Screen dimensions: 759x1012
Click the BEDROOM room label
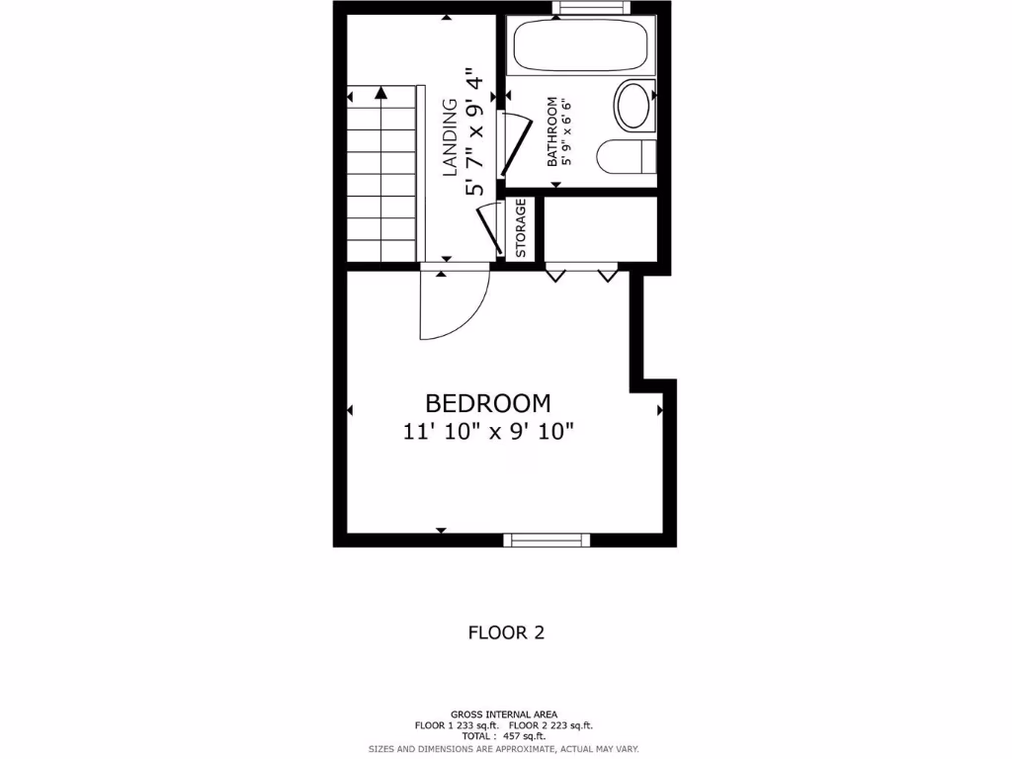pos(487,403)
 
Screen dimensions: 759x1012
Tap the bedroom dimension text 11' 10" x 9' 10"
pos(488,431)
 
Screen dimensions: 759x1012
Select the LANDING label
pos(450,136)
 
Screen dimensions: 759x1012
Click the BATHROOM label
pos(553,130)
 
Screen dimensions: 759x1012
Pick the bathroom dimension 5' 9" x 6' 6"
pos(566,130)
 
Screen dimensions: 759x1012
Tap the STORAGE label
pos(521,229)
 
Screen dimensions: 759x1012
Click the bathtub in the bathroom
pos(578,45)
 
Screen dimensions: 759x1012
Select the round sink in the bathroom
pos(632,106)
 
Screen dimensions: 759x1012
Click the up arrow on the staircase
pos(380,93)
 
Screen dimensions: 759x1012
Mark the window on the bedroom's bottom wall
pos(547,540)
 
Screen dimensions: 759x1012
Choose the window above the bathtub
pos(591,8)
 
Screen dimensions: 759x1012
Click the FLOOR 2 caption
pos(506,632)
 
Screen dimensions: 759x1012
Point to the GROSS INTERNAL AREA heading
pos(504,714)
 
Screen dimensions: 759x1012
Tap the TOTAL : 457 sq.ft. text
pos(505,736)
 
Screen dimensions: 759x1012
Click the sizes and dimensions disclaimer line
pos(504,749)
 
